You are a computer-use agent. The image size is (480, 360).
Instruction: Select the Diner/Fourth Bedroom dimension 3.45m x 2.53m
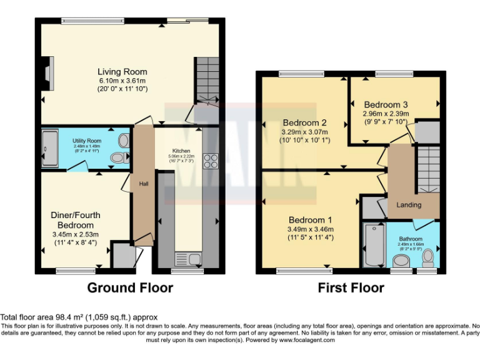click(x=74, y=234)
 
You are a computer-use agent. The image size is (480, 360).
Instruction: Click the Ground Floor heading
click(x=129, y=288)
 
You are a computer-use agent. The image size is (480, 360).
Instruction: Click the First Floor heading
click(x=350, y=288)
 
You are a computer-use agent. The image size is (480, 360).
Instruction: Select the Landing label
click(x=409, y=205)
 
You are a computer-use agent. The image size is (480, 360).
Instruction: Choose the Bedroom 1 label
click(x=311, y=220)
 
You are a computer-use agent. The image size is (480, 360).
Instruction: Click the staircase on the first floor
click(x=429, y=169)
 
